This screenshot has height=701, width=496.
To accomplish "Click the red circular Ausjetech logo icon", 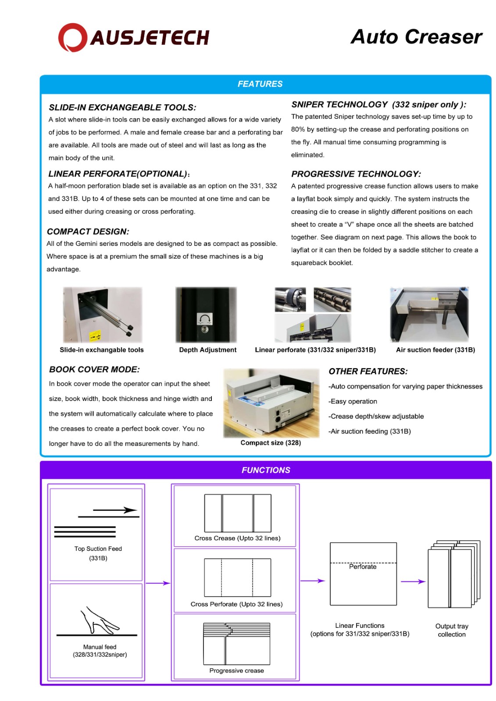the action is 72,37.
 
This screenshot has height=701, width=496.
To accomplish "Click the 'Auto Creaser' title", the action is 416,37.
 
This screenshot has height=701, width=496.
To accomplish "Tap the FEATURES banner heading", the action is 260,84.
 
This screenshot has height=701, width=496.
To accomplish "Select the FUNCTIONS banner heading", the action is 266,470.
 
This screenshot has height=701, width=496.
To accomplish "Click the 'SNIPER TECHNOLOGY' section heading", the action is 339,105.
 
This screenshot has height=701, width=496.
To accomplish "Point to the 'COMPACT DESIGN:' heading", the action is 88,232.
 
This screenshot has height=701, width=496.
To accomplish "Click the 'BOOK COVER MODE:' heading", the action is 94,370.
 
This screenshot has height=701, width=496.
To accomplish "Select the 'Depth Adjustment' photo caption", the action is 207,350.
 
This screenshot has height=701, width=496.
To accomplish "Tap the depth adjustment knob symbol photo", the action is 206,315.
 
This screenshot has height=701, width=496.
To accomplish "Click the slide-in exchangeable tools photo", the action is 103,315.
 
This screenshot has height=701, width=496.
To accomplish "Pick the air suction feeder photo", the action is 429,314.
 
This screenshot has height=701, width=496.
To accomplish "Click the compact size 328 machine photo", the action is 271,403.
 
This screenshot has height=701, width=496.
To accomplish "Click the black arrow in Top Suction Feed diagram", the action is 115,510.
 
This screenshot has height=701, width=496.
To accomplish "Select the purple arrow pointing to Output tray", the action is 413,581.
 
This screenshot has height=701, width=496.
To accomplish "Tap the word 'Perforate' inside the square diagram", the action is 363,567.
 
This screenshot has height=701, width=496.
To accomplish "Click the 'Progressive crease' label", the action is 236,670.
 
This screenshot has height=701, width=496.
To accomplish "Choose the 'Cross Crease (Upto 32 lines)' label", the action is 237,538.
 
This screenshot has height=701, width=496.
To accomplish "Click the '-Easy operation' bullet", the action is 353,401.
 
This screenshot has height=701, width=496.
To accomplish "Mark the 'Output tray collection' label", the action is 452,630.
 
